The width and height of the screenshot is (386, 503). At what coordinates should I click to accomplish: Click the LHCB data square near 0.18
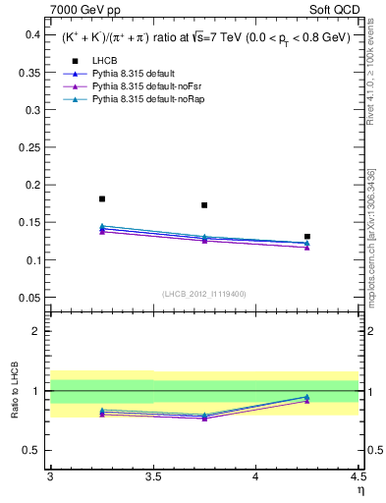(102, 198)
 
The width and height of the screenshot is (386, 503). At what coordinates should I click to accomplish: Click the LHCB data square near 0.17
(204, 205)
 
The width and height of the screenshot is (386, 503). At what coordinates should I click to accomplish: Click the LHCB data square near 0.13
(307, 237)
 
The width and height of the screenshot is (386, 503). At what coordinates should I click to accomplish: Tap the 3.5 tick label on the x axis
(153, 477)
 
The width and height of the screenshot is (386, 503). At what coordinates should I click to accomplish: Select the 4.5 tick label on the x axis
(358, 477)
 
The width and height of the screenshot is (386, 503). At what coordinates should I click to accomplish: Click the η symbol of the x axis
(359, 491)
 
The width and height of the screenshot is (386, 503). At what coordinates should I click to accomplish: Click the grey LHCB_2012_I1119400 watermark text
(204, 294)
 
